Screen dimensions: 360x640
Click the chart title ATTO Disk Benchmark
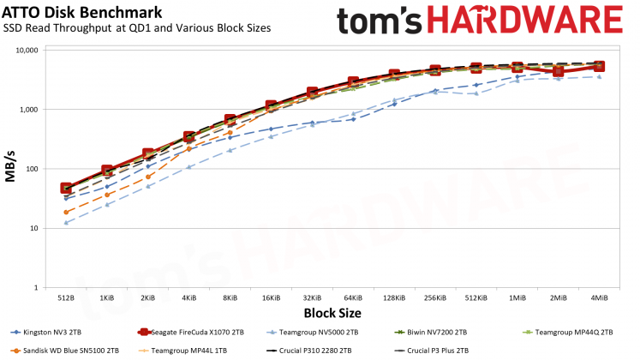click(x=70, y=12)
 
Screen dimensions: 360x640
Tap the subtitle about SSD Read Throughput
click(x=137, y=28)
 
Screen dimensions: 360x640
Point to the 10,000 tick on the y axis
click(x=23, y=50)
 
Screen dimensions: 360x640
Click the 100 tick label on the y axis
click(x=31, y=169)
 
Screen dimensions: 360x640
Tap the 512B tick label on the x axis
click(x=66, y=298)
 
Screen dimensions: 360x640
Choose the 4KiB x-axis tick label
click(x=188, y=298)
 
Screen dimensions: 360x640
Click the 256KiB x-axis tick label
click(x=434, y=298)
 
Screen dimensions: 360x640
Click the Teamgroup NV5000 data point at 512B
click(x=66, y=223)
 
